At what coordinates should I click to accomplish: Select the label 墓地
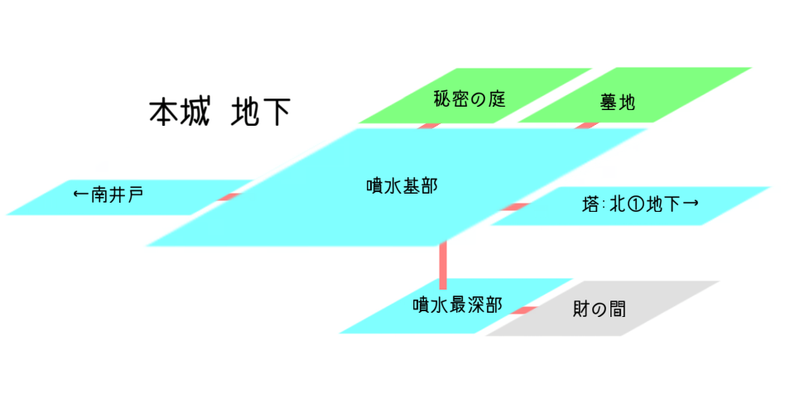point(617,103)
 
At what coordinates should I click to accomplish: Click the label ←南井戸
point(108,195)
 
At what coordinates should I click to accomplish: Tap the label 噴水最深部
point(457,304)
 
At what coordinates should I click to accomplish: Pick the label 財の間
point(600,310)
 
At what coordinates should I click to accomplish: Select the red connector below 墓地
point(586,125)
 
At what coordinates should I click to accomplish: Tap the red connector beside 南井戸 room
point(229,197)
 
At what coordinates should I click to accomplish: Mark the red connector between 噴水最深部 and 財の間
point(524,310)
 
